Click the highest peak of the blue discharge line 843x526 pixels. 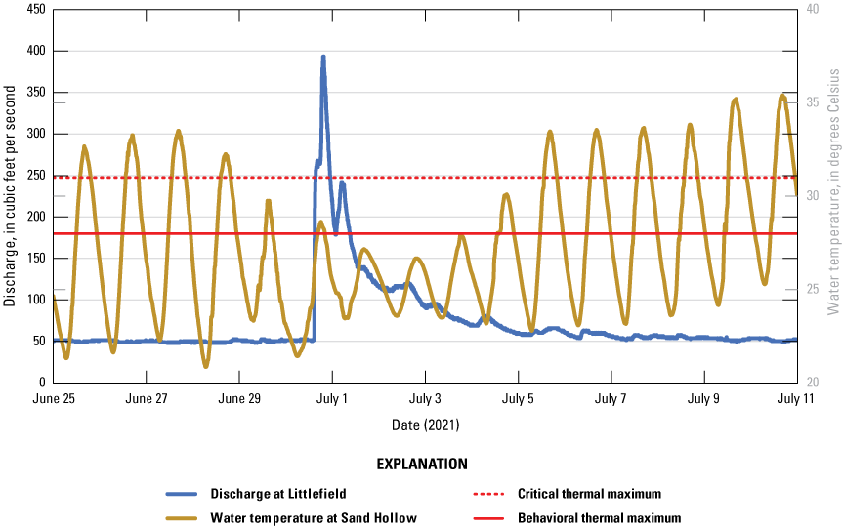click(x=323, y=57)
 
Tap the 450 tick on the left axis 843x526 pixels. click(x=32, y=10)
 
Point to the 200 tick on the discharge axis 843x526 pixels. click(x=32, y=217)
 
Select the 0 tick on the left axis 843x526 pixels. click(x=39, y=383)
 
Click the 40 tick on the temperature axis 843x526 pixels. click(x=810, y=10)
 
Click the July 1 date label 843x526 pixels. click(x=333, y=399)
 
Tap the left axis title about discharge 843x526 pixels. click(x=10, y=196)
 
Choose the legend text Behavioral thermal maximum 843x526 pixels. click(x=599, y=518)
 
